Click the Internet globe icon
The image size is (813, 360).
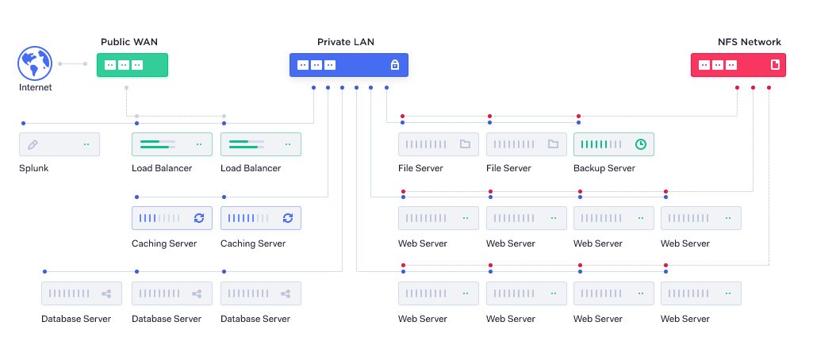pos(35,63)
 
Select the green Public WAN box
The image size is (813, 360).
pos(132,65)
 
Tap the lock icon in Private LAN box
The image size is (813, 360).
pos(394,65)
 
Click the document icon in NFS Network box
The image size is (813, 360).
pos(776,65)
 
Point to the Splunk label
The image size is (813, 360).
pos(33,168)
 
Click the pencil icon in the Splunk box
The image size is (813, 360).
pos(33,145)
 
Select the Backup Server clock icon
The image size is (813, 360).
pos(641,144)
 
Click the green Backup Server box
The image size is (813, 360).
pos(613,144)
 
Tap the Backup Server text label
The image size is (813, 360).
pos(604,168)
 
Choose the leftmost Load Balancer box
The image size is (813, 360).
pos(172,144)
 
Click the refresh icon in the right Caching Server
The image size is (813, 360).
pos(287,218)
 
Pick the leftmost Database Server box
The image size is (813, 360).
pos(82,293)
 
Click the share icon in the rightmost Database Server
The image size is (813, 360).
pos(286,293)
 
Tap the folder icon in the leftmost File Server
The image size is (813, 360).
pos(465,144)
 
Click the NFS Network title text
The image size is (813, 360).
pos(749,42)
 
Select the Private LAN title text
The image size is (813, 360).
pos(346,42)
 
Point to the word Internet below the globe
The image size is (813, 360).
pos(35,87)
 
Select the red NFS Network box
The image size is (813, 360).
pos(738,65)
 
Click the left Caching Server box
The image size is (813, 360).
pos(172,218)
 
